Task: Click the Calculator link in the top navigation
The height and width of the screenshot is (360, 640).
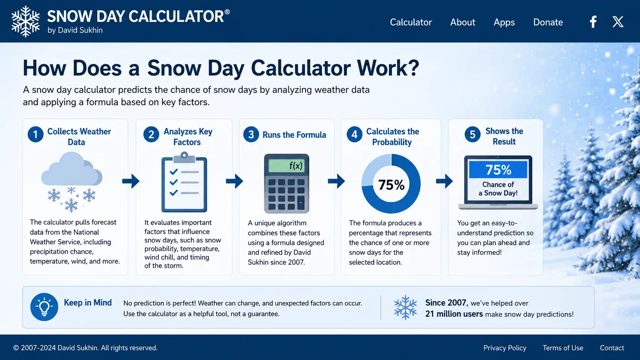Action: click(x=411, y=22)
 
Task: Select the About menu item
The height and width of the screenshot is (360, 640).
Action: click(x=462, y=22)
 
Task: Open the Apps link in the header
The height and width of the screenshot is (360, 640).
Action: click(x=504, y=23)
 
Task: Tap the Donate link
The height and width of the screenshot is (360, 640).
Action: click(x=548, y=22)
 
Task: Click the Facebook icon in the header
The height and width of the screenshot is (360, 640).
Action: click(x=593, y=22)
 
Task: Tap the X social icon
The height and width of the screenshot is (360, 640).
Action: click(x=618, y=22)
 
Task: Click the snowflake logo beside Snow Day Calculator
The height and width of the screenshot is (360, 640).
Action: click(x=25, y=21)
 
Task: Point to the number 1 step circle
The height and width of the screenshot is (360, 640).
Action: click(x=36, y=134)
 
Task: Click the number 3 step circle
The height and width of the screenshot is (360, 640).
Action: click(x=251, y=134)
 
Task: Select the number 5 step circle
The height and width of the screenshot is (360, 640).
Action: click(x=473, y=134)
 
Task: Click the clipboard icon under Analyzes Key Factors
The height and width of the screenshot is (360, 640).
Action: click(x=184, y=182)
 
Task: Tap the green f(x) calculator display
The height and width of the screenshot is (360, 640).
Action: click(x=287, y=166)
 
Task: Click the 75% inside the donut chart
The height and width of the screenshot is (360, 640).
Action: click(x=391, y=185)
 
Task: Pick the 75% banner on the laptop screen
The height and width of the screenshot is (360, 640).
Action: click(x=498, y=169)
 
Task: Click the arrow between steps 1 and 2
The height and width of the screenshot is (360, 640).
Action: click(x=131, y=181)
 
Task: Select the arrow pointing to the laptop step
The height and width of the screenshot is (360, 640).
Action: click(x=444, y=181)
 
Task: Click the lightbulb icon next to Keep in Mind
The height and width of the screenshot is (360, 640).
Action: click(x=44, y=307)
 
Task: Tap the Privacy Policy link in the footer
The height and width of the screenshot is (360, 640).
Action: click(x=505, y=348)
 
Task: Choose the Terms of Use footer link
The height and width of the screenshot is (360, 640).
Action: click(x=563, y=348)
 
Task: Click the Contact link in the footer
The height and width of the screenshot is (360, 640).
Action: click(x=612, y=348)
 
